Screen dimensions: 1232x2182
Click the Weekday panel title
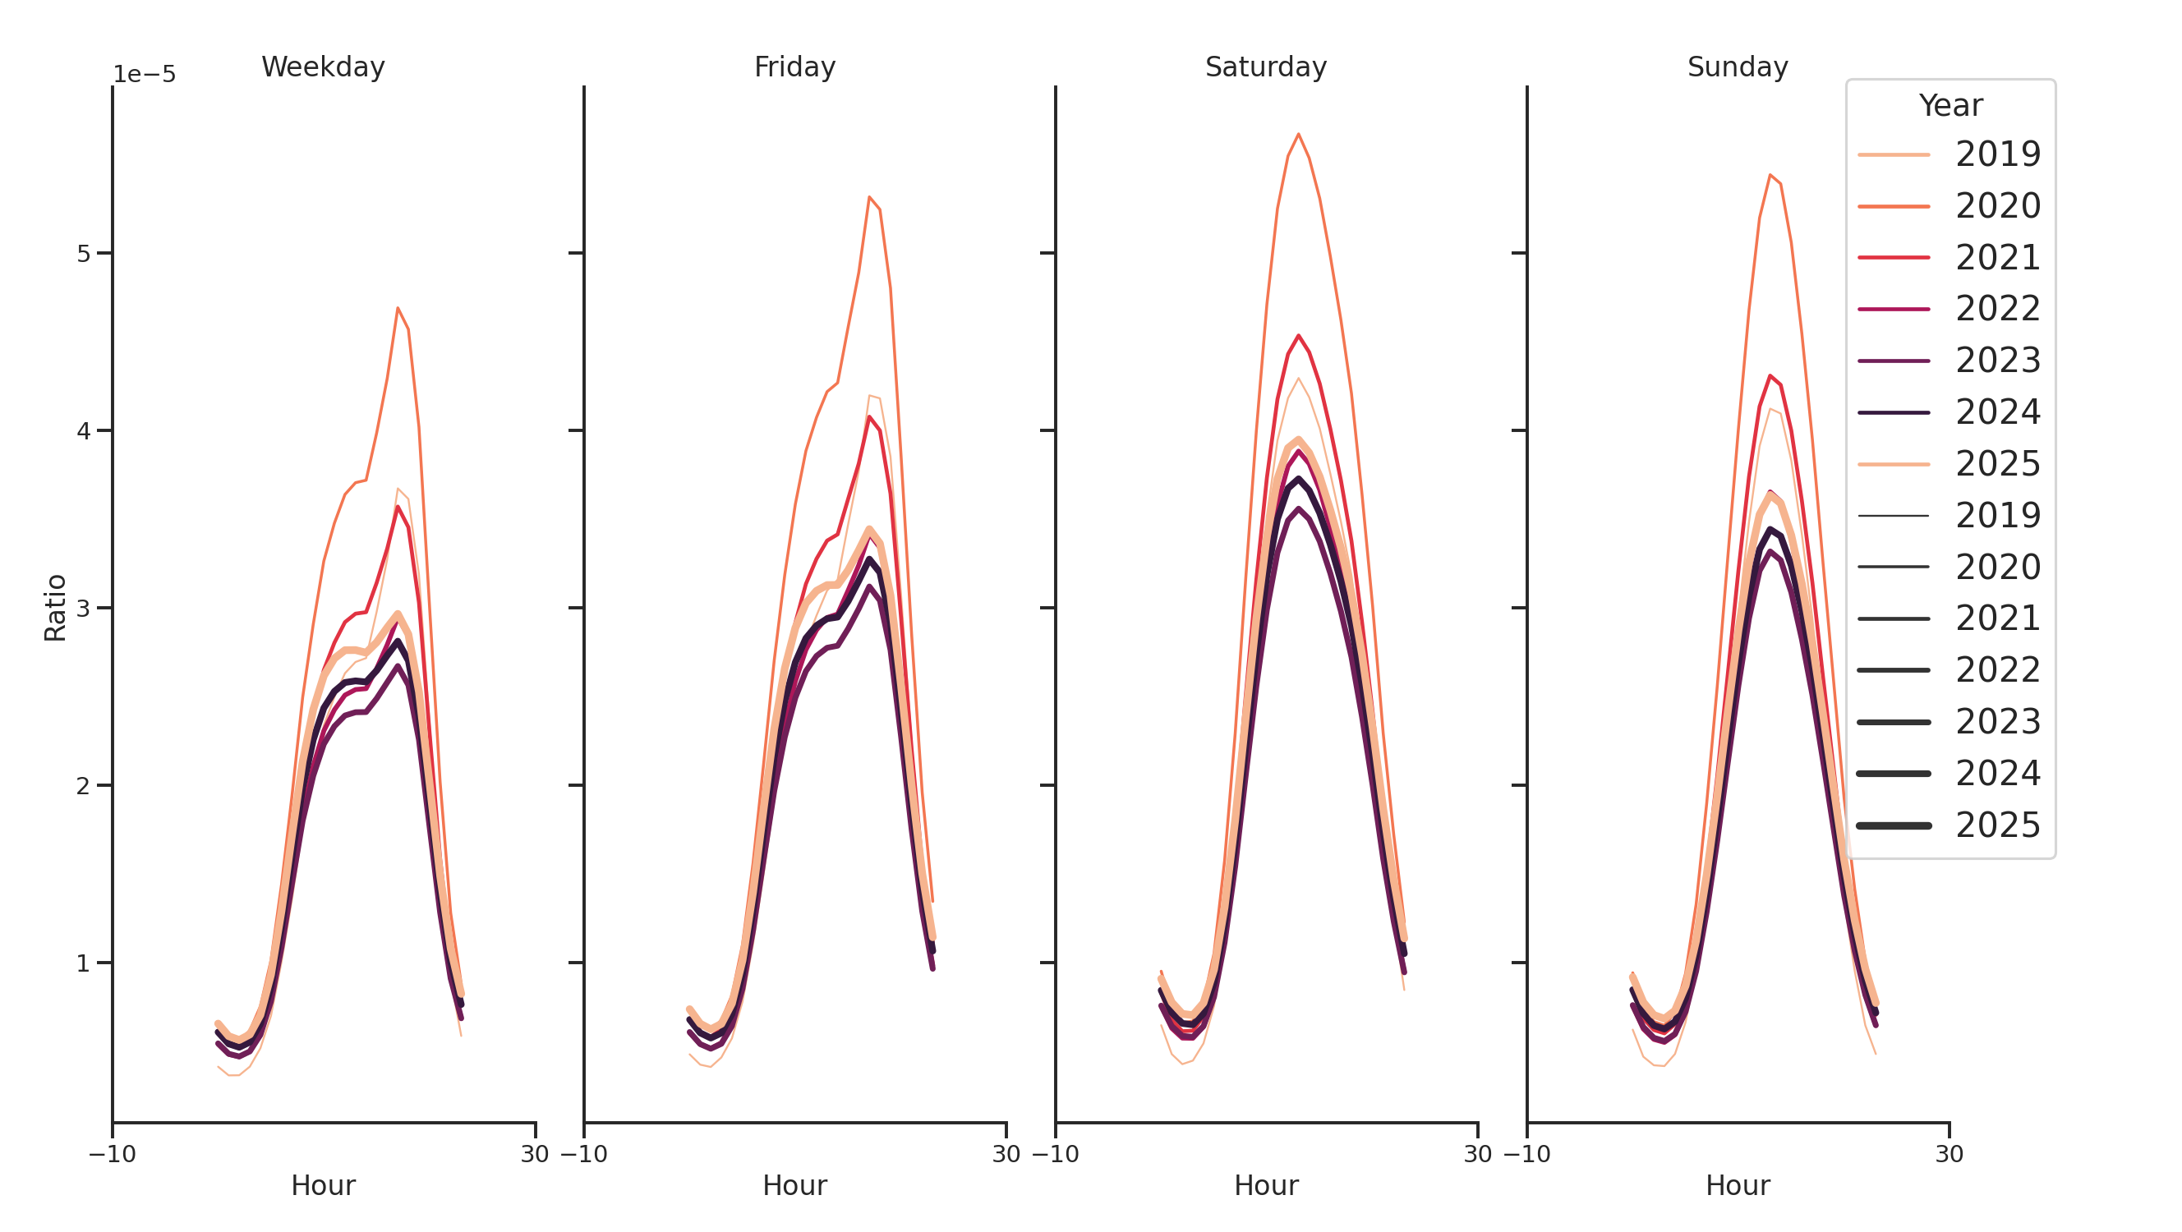click(323, 67)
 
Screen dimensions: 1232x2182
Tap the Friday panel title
click(794, 67)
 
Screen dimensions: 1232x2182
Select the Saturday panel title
click(1265, 67)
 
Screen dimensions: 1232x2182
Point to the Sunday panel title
click(1738, 67)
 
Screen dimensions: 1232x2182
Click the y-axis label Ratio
click(55, 608)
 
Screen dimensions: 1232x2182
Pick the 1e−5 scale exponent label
click(145, 75)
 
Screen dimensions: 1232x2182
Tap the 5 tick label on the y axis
click(83, 254)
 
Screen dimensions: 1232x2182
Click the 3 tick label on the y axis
click(83, 609)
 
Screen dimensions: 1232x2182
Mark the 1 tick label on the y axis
click(83, 963)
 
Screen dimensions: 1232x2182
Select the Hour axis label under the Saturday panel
click(1265, 1185)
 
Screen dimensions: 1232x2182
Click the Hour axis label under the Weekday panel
click(323, 1185)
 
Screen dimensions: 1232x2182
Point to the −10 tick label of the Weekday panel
click(112, 1154)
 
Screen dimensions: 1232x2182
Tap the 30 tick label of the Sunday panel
click(1948, 1154)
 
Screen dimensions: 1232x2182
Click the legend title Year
click(1950, 106)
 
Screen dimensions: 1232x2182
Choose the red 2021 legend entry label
click(1997, 257)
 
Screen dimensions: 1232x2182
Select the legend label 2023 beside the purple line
click(1997, 361)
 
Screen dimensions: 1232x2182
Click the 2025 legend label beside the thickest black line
click(1997, 825)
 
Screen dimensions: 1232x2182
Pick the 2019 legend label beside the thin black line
click(1997, 516)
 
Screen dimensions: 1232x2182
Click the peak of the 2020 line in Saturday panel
click(1298, 134)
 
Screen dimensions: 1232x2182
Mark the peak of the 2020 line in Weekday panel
click(398, 308)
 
